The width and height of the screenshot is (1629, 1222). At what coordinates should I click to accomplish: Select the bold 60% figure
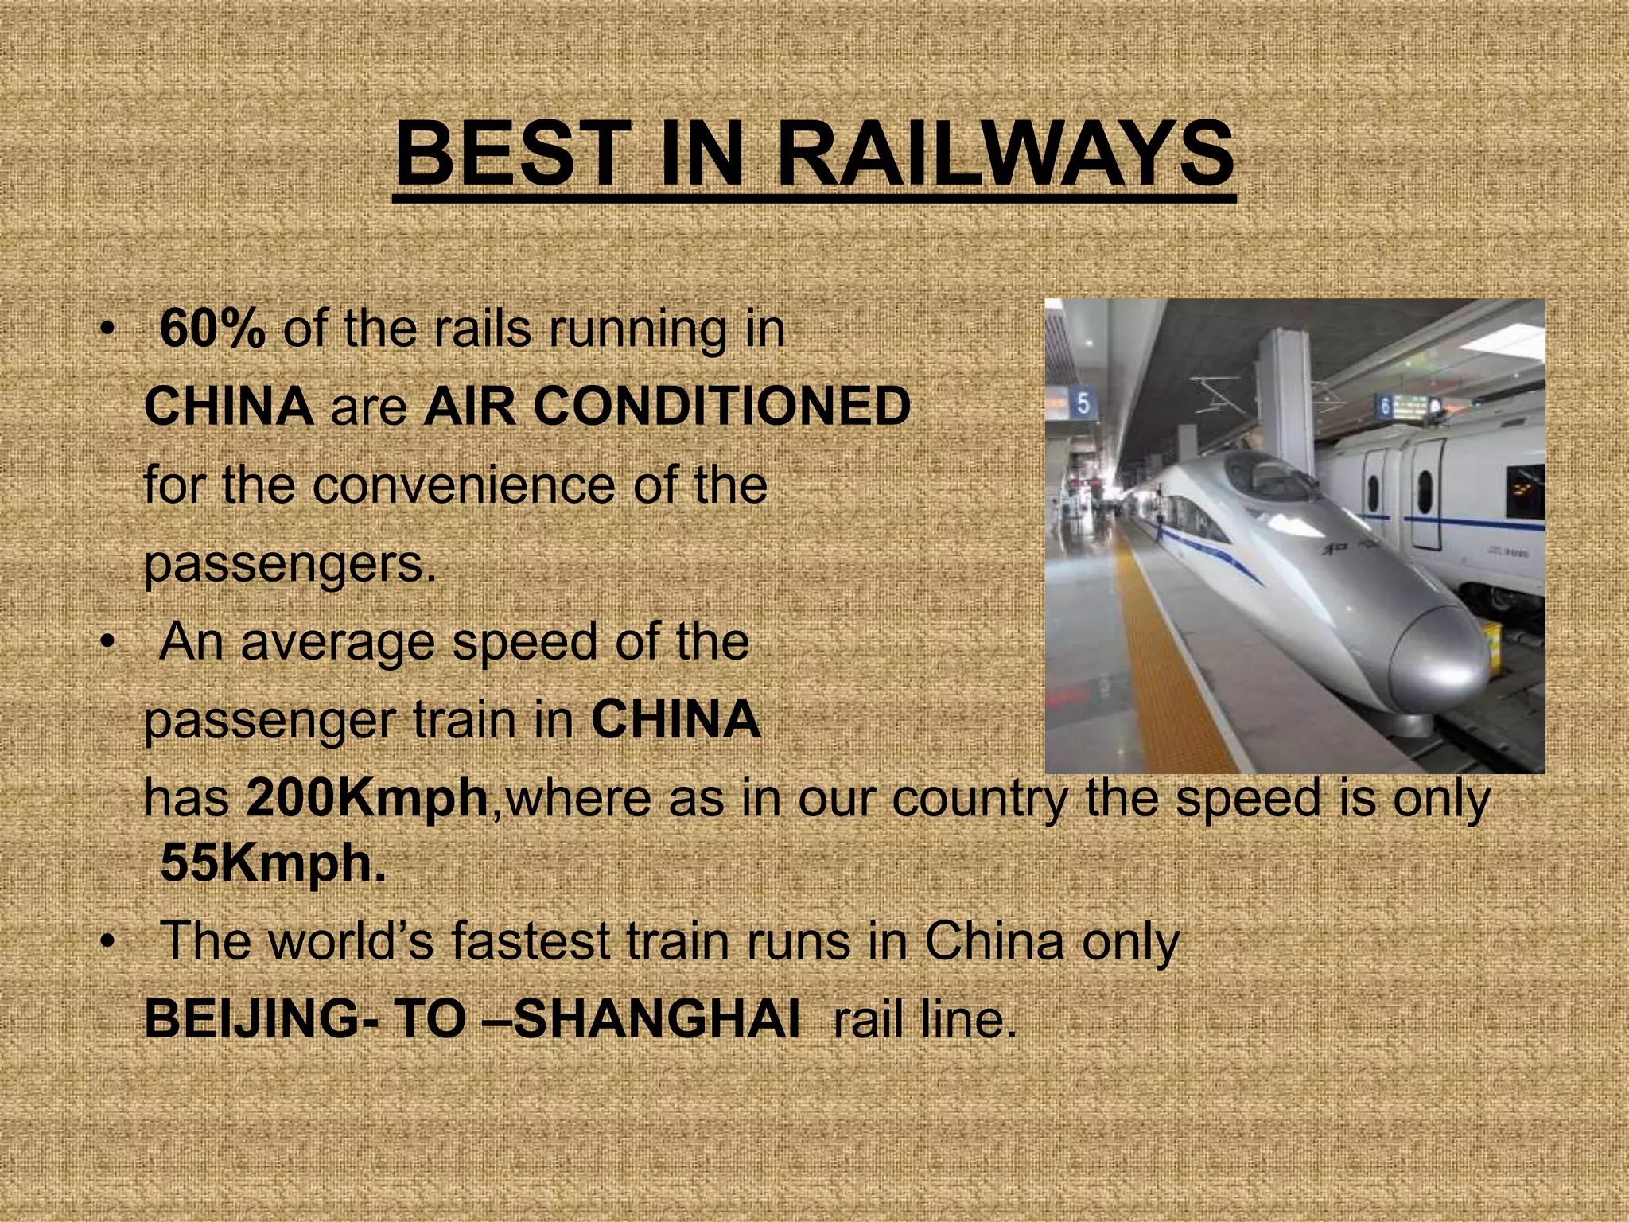tap(212, 329)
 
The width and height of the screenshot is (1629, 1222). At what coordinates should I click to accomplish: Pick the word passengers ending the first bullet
tap(290, 563)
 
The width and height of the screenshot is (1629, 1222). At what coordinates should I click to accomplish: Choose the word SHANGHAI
tap(656, 1018)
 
